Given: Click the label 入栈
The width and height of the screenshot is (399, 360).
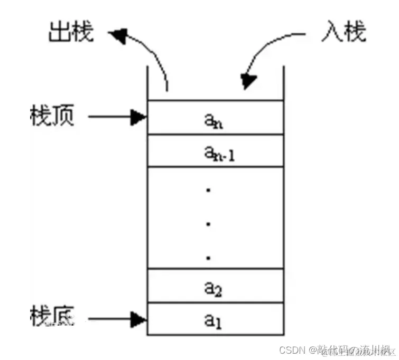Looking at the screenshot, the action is click(x=343, y=32).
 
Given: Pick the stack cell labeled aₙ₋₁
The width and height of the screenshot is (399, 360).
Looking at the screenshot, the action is click(x=215, y=151).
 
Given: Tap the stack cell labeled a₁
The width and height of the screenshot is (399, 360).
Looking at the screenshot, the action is click(x=215, y=319).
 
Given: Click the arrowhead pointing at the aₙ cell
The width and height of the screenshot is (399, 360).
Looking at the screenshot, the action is click(x=139, y=118).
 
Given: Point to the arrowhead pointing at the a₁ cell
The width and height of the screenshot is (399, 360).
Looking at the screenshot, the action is click(x=139, y=319).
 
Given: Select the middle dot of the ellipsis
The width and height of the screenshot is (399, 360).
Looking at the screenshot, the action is click(x=209, y=224).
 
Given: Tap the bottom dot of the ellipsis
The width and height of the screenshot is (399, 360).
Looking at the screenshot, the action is click(x=209, y=258).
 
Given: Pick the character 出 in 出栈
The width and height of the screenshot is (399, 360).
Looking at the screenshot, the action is click(x=59, y=32).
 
